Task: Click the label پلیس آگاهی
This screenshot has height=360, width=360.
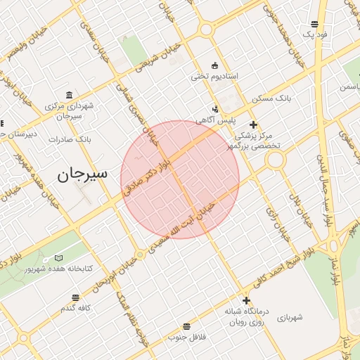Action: pos(214,121)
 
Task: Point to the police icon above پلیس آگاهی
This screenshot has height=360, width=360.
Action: pos(215,109)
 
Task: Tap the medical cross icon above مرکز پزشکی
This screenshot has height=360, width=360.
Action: pos(254,124)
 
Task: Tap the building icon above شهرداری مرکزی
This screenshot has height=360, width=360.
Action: pos(68,95)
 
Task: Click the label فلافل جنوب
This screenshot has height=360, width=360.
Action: pos(186,337)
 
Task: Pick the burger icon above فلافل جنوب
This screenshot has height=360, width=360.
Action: pos(186,326)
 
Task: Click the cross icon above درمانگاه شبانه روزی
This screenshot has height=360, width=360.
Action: pos(245,300)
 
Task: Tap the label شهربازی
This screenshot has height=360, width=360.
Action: pos(290,319)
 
